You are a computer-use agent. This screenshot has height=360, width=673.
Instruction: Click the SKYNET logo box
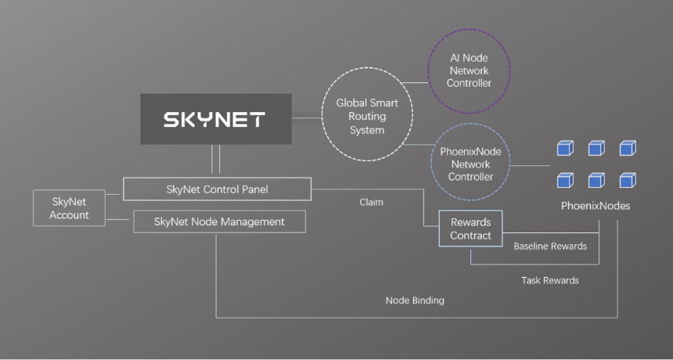[216, 119]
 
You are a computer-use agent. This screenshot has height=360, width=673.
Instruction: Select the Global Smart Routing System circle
[367, 68]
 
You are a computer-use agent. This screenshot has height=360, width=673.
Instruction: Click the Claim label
[371, 202]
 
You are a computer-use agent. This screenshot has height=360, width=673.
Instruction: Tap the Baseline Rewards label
[550, 247]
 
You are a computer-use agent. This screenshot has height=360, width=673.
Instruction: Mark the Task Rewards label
[550, 281]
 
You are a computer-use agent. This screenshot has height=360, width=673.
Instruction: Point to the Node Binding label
[415, 301]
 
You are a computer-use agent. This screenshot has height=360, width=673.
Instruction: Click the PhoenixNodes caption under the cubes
[596, 206]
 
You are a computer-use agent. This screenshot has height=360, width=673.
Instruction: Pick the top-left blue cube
[565, 148]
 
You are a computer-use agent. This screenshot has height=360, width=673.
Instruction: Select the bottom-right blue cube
[628, 180]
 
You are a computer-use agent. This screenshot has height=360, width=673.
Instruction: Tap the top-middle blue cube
[596, 148]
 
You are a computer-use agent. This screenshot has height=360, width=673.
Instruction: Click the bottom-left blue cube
[565, 180]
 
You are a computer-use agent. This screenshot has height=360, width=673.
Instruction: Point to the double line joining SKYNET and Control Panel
[216, 159]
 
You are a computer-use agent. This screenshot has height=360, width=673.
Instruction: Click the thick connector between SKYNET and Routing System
[307, 118]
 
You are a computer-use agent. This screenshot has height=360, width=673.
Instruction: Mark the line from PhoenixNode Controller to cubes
[531, 165]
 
